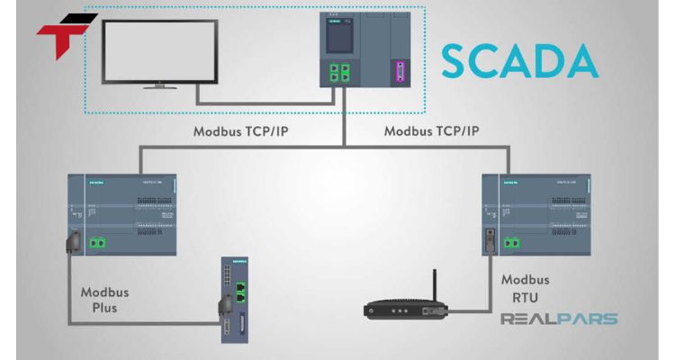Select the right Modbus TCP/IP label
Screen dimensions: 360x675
coord(431,130)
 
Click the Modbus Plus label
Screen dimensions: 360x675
coord(104,299)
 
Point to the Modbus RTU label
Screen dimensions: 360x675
coord(525,288)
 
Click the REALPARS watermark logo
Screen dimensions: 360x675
coord(558,319)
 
